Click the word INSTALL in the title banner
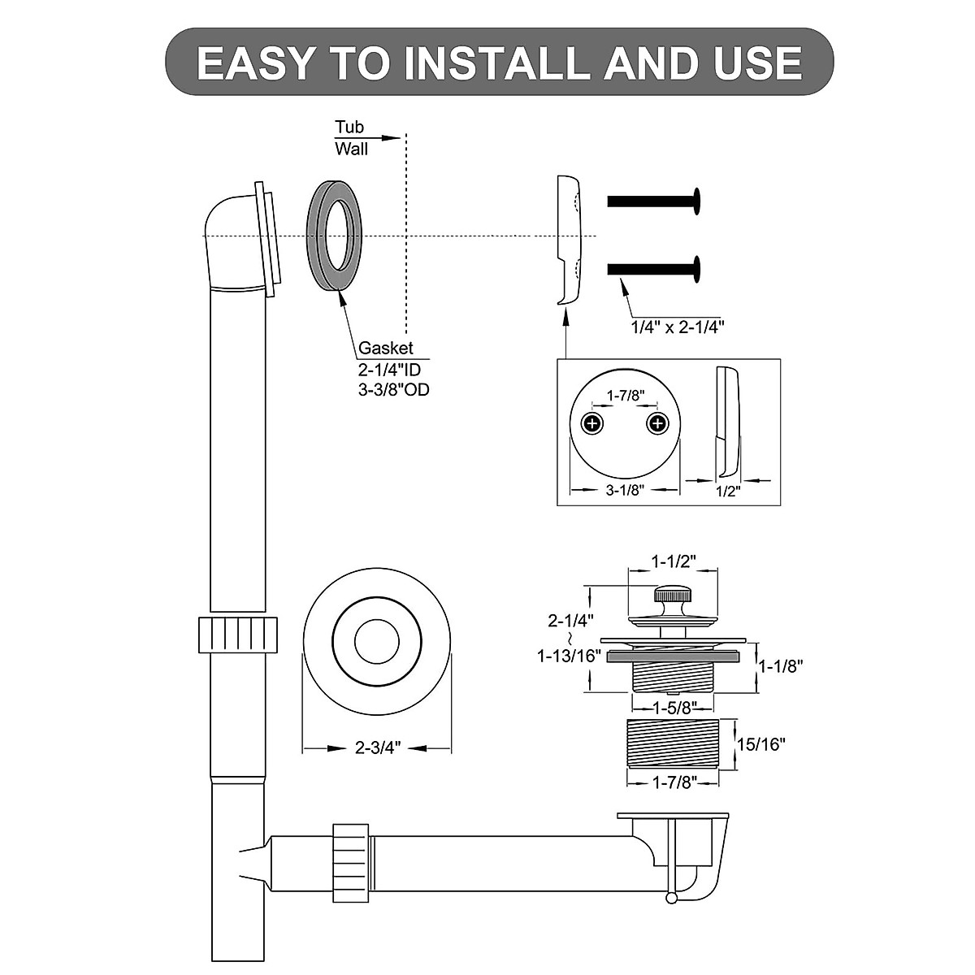pyautogui.click(x=496, y=63)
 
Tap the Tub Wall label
pyautogui.click(x=352, y=138)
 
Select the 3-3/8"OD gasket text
pyautogui.click(x=394, y=389)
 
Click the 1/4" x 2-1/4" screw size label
pyautogui.click(x=678, y=327)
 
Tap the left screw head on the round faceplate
pyautogui.click(x=593, y=423)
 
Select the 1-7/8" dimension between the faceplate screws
pyautogui.click(x=626, y=396)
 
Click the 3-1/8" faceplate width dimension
pyautogui.click(x=625, y=491)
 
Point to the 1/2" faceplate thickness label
pyautogui.click(x=728, y=491)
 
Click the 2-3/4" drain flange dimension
pyautogui.click(x=378, y=748)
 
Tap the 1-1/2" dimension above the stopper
pyautogui.click(x=674, y=561)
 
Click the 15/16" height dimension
pyautogui.click(x=760, y=743)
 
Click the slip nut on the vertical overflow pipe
pyautogui.click(x=238, y=634)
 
